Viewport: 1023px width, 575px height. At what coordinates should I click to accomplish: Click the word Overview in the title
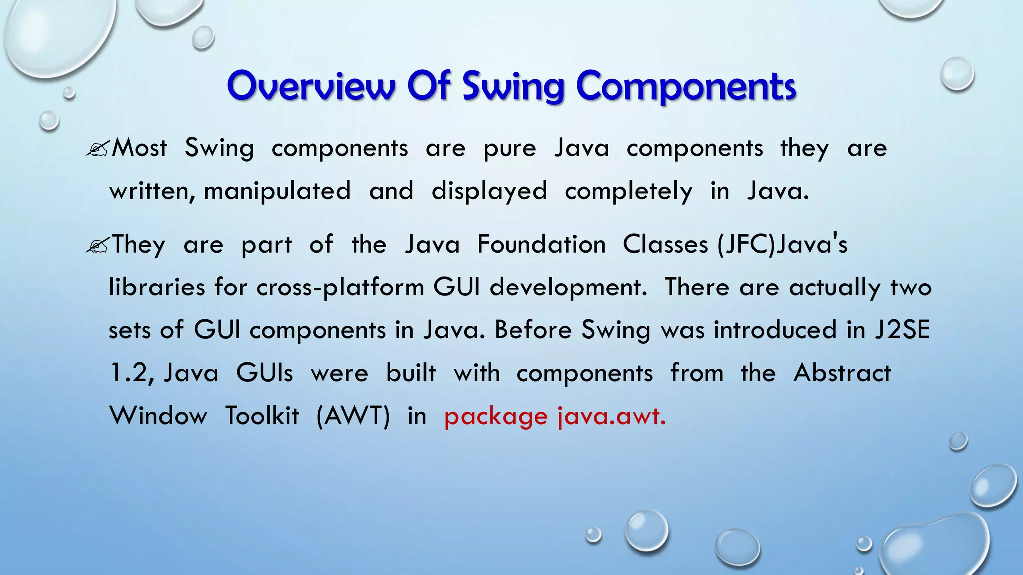(x=311, y=86)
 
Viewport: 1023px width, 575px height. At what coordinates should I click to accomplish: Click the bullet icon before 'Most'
(x=97, y=148)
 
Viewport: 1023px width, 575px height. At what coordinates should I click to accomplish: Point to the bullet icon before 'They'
(x=97, y=245)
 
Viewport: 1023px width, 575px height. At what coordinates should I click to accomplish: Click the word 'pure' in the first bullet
(x=510, y=149)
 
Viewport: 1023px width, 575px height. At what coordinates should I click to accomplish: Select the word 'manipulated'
(x=277, y=191)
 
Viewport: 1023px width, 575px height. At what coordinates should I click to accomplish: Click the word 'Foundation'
(x=541, y=245)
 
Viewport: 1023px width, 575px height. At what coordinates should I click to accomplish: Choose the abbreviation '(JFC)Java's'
(x=782, y=245)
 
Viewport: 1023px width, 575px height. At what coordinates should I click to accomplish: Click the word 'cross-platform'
(x=340, y=287)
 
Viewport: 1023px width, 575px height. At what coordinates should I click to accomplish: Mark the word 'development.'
(x=568, y=288)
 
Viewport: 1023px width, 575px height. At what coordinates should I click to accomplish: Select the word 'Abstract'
(x=842, y=373)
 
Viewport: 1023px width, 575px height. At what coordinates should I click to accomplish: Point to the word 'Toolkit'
(x=262, y=416)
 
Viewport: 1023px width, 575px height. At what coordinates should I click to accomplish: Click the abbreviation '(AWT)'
(x=353, y=416)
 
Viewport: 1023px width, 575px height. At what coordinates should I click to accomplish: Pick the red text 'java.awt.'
(x=612, y=416)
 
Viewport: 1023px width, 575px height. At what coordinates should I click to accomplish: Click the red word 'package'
(x=496, y=417)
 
